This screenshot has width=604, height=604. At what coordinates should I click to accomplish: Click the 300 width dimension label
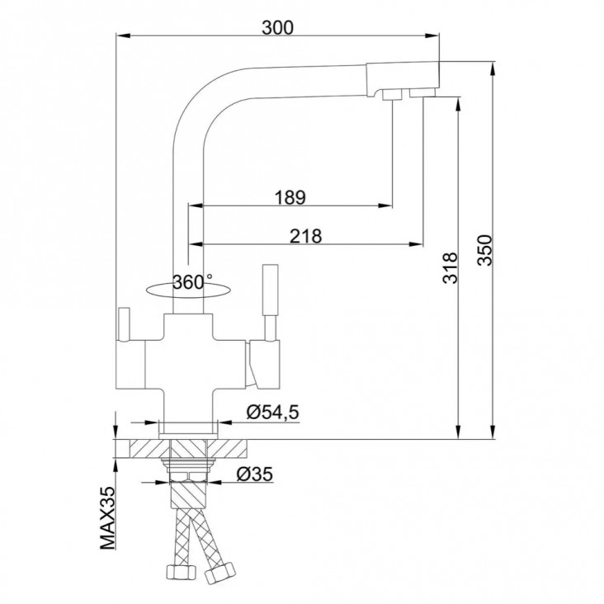coord(277,27)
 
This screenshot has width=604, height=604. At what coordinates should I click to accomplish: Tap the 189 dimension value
coord(290,197)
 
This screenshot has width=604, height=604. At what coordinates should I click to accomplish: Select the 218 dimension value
coord(305,236)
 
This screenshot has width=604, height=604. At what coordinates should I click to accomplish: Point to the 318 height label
coord(450,268)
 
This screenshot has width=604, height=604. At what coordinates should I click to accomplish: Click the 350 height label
coord(484,250)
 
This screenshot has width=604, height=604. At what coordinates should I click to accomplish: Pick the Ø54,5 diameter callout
coord(273,413)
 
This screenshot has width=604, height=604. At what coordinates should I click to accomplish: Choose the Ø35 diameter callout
coord(255,474)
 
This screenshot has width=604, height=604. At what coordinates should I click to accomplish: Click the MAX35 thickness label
coord(107,517)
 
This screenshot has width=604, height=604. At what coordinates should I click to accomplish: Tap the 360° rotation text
coord(192,282)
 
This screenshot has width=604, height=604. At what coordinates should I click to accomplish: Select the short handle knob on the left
coord(125,324)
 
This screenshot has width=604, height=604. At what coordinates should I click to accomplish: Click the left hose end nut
coord(181,573)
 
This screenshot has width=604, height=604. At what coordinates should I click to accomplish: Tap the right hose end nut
coord(219,573)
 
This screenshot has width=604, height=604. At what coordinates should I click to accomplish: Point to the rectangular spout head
coord(402,78)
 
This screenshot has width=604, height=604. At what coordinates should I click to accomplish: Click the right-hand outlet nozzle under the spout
coord(422,93)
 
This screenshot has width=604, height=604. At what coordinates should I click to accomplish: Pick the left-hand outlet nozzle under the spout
coord(392,95)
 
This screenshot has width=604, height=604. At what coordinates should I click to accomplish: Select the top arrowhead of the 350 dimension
coord(493,69)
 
